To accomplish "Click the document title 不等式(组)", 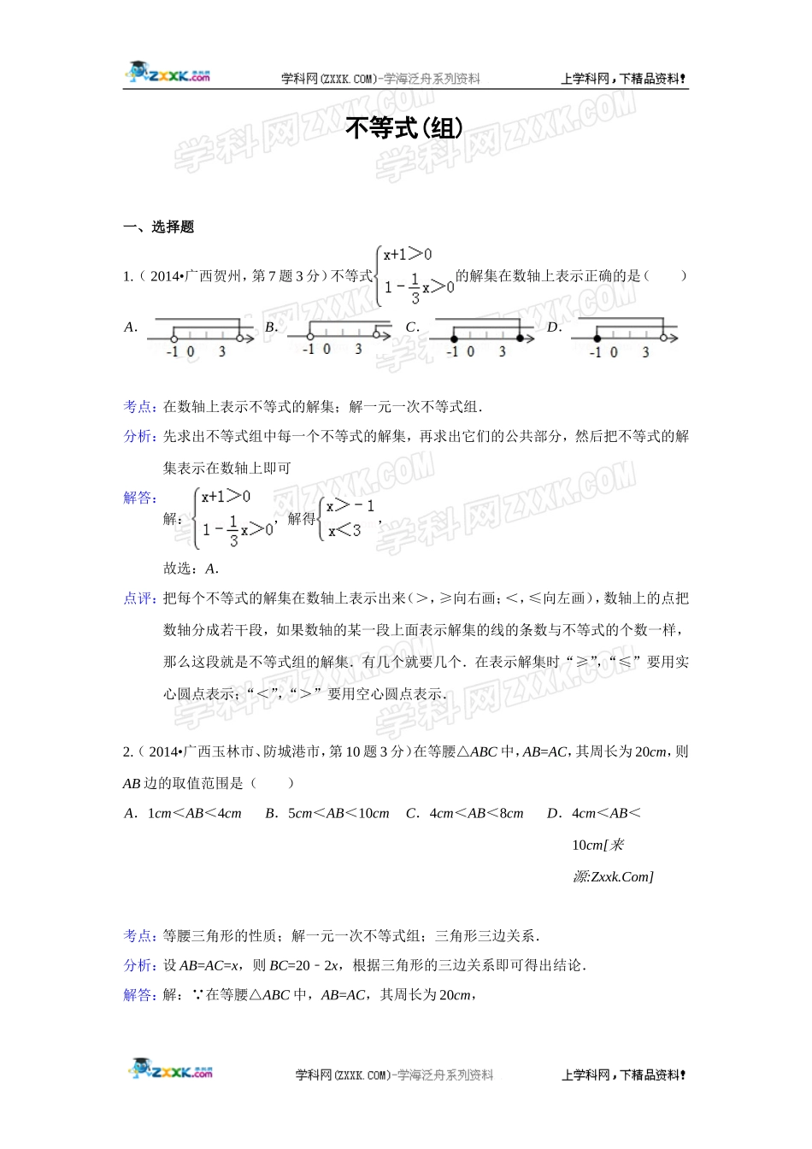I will click(x=404, y=128).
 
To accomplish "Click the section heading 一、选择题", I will click(x=159, y=227).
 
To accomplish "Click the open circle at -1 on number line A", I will click(x=174, y=339).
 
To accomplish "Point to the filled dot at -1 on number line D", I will click(x=597, y=339).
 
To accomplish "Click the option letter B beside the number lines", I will click(x=272, y=327).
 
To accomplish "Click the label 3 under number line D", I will click(x=645, y=352).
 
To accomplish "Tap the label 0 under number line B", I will click(x=327, y=350).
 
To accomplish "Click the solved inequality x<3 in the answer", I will click(x=345, y=531).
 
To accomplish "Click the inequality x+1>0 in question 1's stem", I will click(x=408, y=255).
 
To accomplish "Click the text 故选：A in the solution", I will click(x=191, y=569).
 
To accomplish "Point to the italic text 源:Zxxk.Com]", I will click(x=613, y=876).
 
